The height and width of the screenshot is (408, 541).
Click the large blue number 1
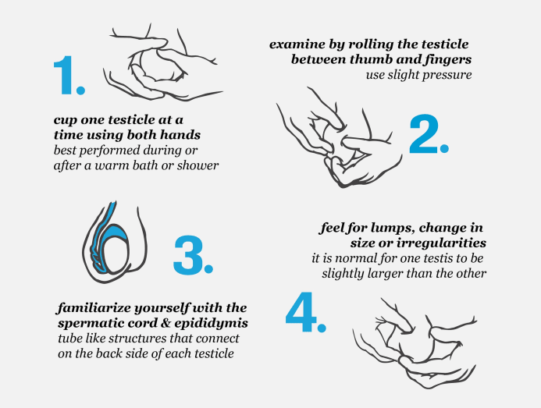click(65, 75)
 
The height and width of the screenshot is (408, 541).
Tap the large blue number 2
click(424, 134)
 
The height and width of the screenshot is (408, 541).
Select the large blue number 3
click(188, 255)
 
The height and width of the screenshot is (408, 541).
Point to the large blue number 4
click(301, 312)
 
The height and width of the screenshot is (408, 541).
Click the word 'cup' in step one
click(66, 121)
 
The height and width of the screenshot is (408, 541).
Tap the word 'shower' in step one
click(198, 165)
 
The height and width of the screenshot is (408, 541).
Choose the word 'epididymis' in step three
click(211, 323)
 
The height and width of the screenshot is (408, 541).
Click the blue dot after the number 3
click(208, 268)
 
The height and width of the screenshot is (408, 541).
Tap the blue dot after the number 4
click(322, 327)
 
